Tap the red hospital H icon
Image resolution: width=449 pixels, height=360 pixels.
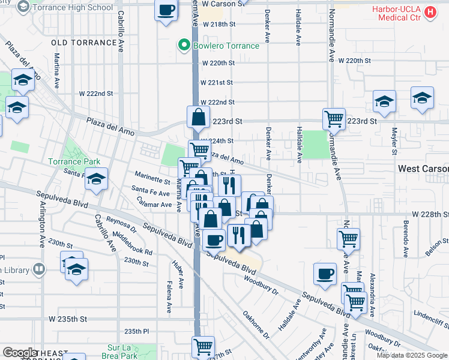click(430, 12)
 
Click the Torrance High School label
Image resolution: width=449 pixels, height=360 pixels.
click(73, 7)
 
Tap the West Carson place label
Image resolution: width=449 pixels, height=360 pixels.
click(423, 170)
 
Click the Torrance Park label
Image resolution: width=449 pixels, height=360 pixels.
click(74, 162)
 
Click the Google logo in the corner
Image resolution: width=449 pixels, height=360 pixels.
click(20, 353)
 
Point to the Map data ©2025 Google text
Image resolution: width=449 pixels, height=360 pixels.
click(411, 355)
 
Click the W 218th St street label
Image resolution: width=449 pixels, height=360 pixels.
click(219, 25)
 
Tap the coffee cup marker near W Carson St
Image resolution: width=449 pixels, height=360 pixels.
click(166, 10)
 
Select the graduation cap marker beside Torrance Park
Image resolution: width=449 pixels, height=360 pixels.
click(95, 179)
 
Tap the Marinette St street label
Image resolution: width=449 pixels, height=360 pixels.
click(152, 179)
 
